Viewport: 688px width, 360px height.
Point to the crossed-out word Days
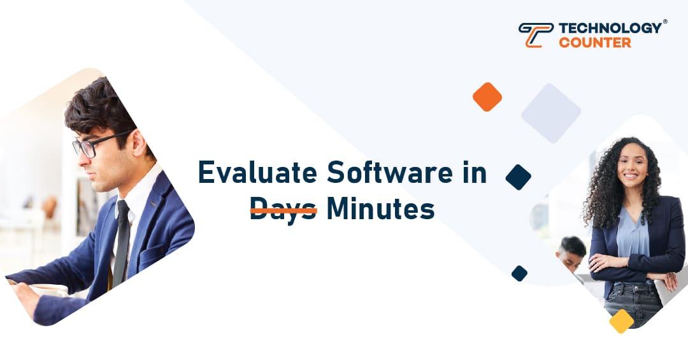point(283,209)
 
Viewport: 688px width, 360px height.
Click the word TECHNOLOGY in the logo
point(610,28)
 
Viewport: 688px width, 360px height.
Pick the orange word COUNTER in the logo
point(595,43)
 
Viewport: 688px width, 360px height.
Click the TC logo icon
point(536,34)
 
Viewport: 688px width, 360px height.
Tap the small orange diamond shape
point(487,97)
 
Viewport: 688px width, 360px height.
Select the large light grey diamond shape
point(551,113)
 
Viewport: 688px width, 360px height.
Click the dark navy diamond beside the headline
point(519,177)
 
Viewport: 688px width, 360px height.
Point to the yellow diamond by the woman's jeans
point(621,321)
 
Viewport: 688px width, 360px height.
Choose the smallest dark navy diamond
point(519,273)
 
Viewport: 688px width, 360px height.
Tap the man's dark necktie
point(122,242)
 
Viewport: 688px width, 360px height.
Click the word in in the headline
point(474,173)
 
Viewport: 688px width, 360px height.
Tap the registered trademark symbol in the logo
point(665,22)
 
